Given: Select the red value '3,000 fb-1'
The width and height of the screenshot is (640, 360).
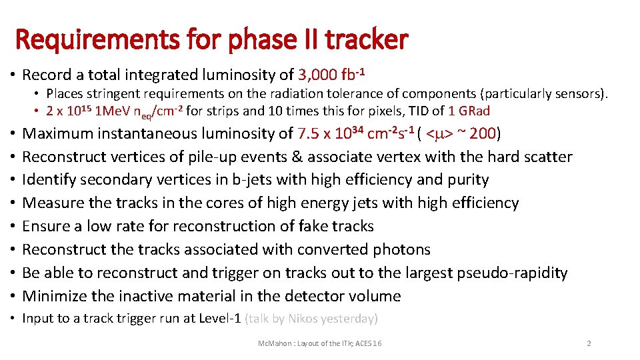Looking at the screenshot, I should click(333, 74).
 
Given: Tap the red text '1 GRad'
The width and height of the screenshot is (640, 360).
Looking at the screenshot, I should click(471, 110).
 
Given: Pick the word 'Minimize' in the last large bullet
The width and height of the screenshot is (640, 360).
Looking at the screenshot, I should click(55, 296).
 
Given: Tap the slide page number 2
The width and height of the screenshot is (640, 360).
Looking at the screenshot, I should click(589, 343).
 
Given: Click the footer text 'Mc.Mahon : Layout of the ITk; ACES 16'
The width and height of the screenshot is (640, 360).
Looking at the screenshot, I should click(320, 343).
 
